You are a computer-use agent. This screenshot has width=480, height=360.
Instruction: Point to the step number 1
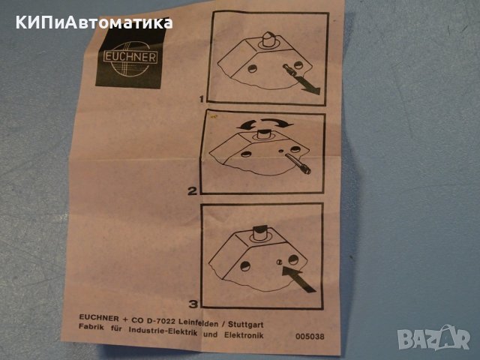click(201, 97)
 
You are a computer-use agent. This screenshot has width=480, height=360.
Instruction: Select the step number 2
click(193, 190)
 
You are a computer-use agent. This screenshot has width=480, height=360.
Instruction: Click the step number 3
click(194, 304)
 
